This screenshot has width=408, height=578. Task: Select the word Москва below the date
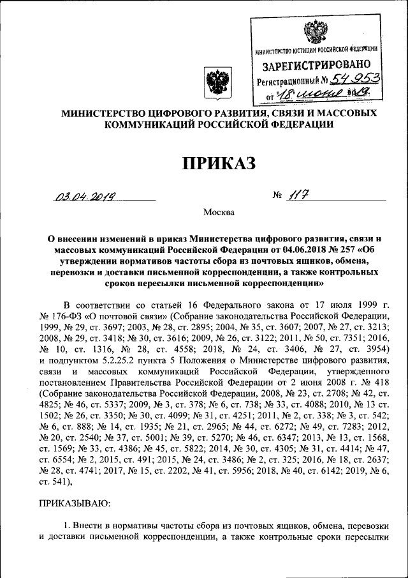point(219,211)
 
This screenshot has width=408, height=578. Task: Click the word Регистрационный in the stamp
point(288,80)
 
